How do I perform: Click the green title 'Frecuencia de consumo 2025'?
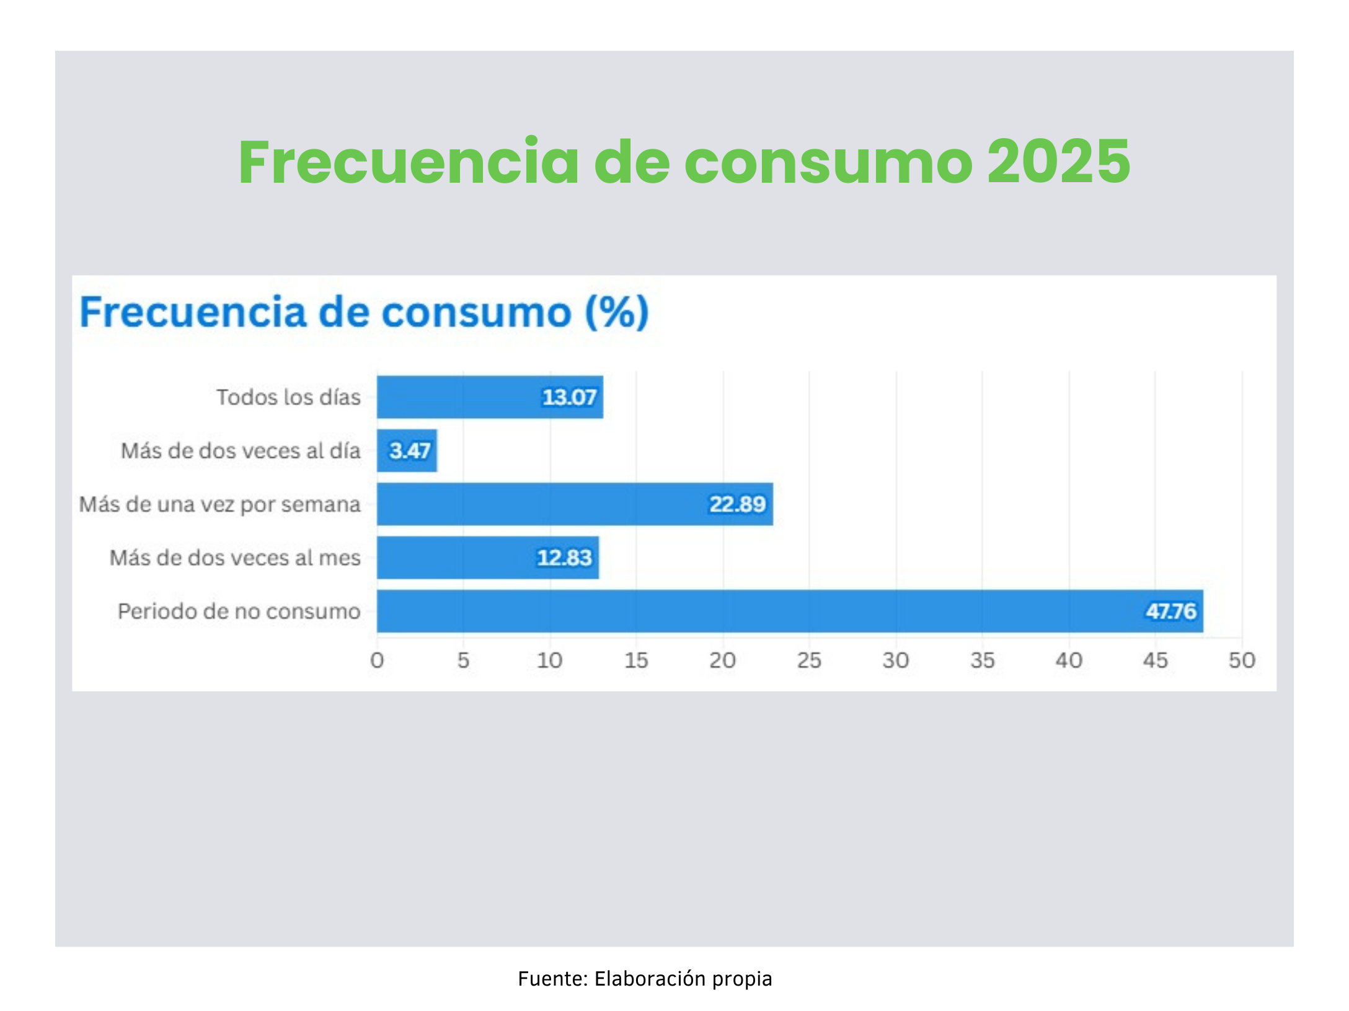tap(684, 162)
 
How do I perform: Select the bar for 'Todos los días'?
tap(459, 397)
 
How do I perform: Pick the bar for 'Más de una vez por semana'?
tap(539, 504)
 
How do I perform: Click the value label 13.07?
tap(569, 397)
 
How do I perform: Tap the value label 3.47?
tap(410, 450)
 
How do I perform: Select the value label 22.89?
tap(737, 504)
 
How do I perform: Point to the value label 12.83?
tap(564, 558)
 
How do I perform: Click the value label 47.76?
tap(1170, 611)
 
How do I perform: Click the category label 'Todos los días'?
tap(288, 397)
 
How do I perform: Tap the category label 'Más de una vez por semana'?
tap(220, 504)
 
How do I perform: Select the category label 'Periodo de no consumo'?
tap(239, 611)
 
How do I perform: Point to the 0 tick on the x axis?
tap(377, 660)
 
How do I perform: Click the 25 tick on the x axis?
tap(809, 660)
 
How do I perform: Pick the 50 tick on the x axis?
tap(1242, 660)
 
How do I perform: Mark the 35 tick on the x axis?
tap(982, 660)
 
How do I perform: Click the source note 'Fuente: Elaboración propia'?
tap(645, 979)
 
